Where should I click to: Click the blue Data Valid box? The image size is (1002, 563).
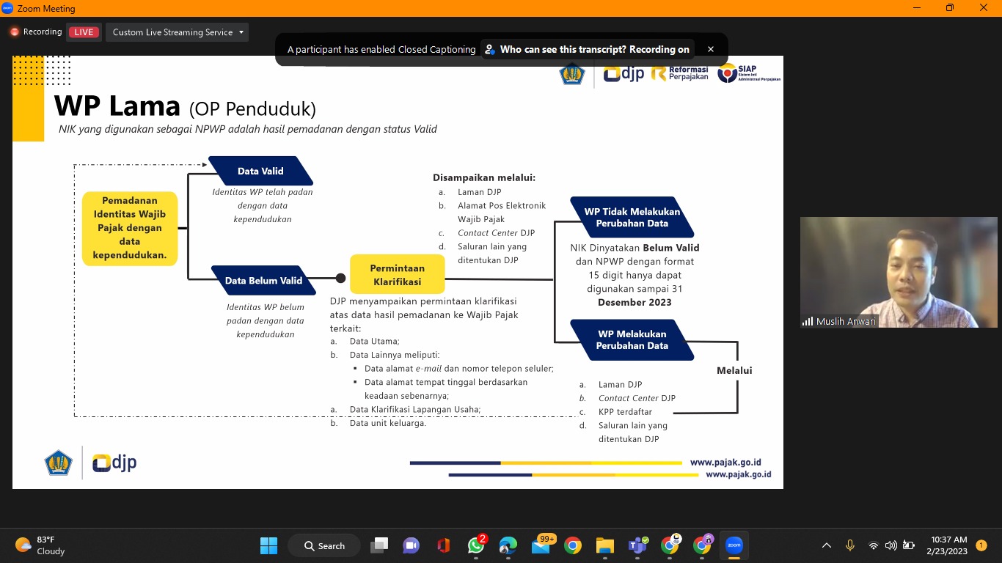[260, 171]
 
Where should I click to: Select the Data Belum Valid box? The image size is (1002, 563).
[263, 280]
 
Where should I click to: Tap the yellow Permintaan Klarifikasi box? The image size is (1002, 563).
[397, 275]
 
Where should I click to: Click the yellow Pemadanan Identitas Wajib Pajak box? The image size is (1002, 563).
[130, 228]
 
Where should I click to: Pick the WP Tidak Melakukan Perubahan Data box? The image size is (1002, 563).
[632, 217]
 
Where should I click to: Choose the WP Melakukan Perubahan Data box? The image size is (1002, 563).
[632, 339]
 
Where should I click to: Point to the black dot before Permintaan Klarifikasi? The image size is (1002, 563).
[340, 279]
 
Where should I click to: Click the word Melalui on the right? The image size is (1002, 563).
[734, 370]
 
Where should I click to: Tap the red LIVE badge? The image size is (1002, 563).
[84, 32]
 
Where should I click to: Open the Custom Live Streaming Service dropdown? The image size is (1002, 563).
[178, 32]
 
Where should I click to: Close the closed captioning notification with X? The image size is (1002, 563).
[710, 49]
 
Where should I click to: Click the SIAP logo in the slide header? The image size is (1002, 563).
[748, 73]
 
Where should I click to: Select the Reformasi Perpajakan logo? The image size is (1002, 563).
[680, 73]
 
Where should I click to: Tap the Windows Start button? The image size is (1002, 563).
[269, 545]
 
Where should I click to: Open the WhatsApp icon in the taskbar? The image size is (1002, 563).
[476, 545]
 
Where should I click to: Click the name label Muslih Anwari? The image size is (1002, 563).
[845, 321]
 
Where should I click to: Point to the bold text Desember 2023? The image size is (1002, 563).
[635, 302]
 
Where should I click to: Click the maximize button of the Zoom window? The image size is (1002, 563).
[950, 8]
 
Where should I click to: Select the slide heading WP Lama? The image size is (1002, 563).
[117, 107]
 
